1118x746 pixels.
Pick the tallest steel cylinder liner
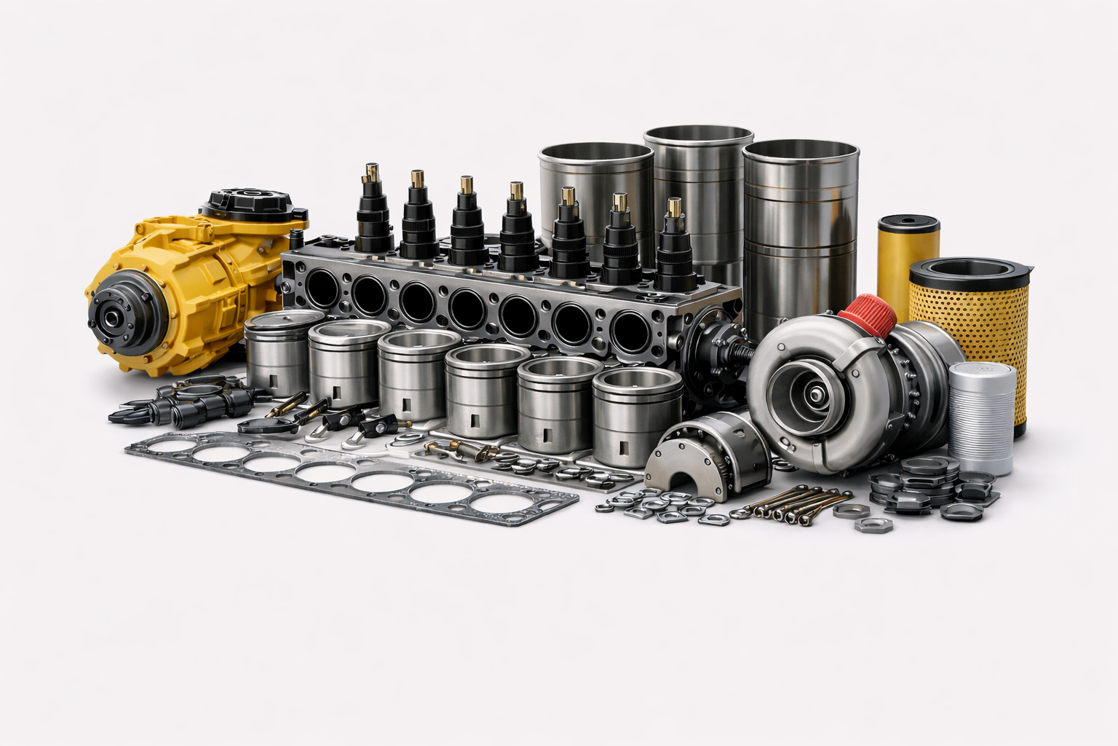click(698, 197)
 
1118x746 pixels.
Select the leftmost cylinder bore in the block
click(320, 287)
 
